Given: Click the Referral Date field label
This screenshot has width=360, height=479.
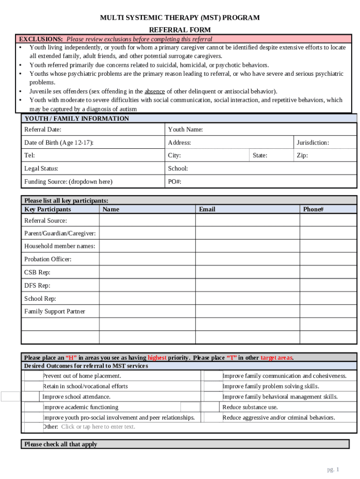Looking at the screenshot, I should point(43,130).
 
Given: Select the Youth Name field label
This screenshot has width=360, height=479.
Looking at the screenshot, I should point(185,130).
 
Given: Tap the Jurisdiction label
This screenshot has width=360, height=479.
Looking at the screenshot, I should point(312,143).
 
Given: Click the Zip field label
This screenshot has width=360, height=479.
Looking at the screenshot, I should point(302,155).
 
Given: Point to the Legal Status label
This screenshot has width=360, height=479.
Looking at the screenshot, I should point(41,168).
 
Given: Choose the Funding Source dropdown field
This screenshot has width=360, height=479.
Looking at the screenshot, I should point(68,181).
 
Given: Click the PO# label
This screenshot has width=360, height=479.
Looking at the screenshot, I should point(174,181).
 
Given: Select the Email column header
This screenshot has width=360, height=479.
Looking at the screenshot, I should point(207,210).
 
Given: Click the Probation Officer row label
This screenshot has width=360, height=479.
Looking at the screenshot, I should point(48,259).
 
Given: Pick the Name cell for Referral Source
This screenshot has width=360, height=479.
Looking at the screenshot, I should point(147,220).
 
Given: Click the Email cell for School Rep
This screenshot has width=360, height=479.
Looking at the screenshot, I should point(247,298).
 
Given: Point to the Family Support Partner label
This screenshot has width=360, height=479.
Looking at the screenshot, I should point(55,312).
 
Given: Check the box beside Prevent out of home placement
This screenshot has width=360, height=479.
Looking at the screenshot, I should point(33,376).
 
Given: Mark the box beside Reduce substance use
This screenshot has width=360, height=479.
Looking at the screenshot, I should point(213,407).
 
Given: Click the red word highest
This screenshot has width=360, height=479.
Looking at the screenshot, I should point(157,358).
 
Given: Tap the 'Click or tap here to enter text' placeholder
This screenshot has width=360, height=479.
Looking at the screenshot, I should point(98,427).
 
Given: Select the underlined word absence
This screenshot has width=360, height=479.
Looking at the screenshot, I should point(154,92).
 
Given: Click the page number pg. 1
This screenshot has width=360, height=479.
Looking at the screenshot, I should point(333,470).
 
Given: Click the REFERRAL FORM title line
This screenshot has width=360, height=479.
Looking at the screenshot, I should point(180,29).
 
